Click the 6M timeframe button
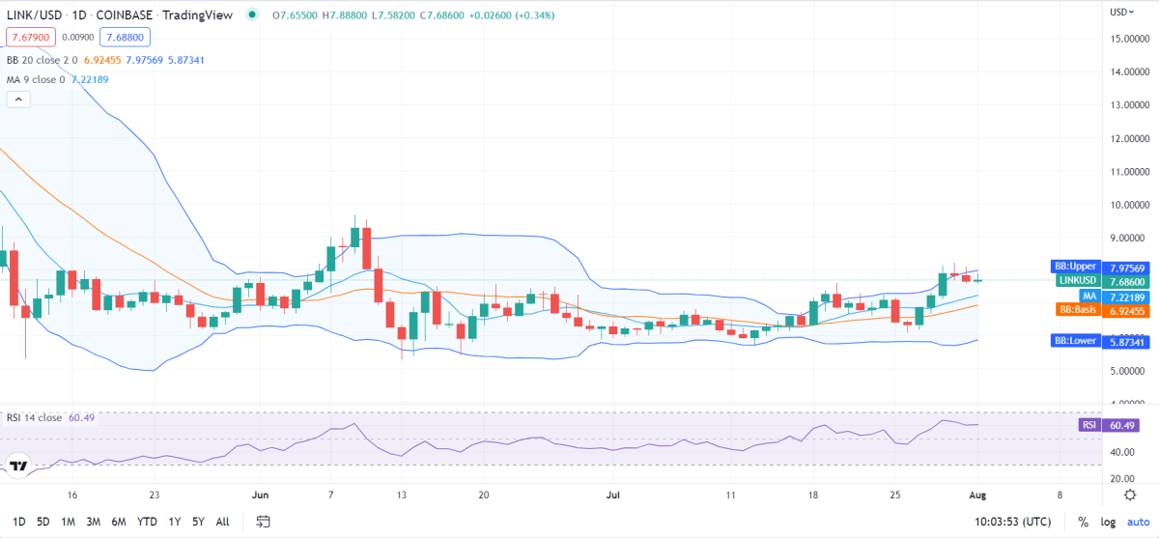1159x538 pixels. [119, 522]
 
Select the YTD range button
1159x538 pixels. [147, 522]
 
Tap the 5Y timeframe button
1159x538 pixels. [198, 522]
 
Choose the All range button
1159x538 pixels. [222, 522]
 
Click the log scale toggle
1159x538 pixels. [1108, 522]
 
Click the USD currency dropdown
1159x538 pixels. [1120, 12]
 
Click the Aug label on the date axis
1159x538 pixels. [977, 495]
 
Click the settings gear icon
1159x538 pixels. [1129, 495]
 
